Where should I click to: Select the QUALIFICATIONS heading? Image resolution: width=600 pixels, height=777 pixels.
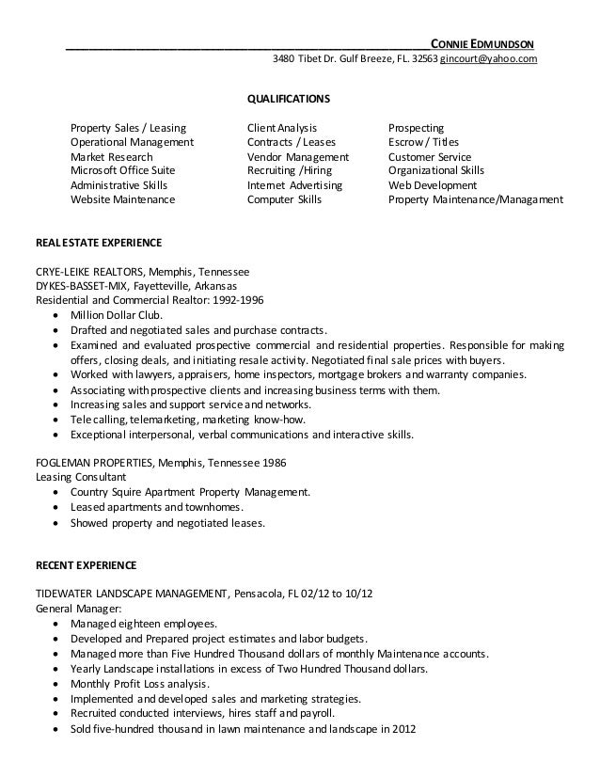pyautogui.click(x=287, y=98)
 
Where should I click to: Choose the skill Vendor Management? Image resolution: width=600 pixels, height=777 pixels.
pyautogui.click(x=297, y=157)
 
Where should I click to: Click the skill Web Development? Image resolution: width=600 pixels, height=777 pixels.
pyautogui.click(x=433, y=185)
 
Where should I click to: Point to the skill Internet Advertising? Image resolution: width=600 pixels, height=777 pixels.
pyautogui.click(x=294, y=185)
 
